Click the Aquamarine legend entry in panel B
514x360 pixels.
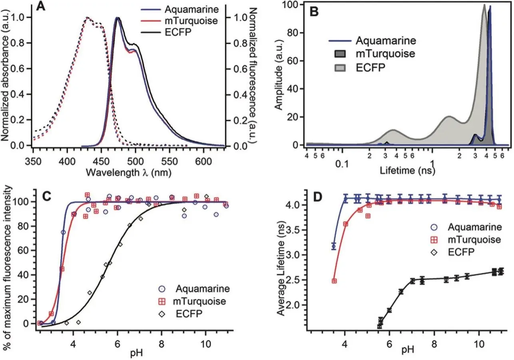click(x=386, y=40)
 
